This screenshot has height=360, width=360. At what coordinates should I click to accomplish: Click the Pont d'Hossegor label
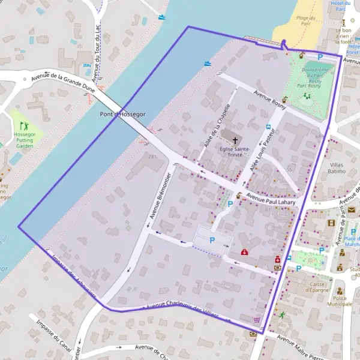pyautogui.click(x=122, y=114)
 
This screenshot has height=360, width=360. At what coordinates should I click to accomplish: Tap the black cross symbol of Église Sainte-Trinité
pyautogui.click(x=235, y=140)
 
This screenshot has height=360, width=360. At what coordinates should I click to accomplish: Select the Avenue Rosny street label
pyautogui.click(x=269, y=98)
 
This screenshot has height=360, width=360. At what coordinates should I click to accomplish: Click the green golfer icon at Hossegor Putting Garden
pyautogui.click(x=25, y=126)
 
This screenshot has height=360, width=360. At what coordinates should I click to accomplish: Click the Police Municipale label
pyautogui.click(x=343, y=301)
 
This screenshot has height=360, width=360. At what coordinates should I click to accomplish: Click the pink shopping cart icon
pyautogui.click(x=257, y=320)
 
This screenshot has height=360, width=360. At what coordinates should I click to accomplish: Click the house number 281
pyautogui.click(x=152, y=157)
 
